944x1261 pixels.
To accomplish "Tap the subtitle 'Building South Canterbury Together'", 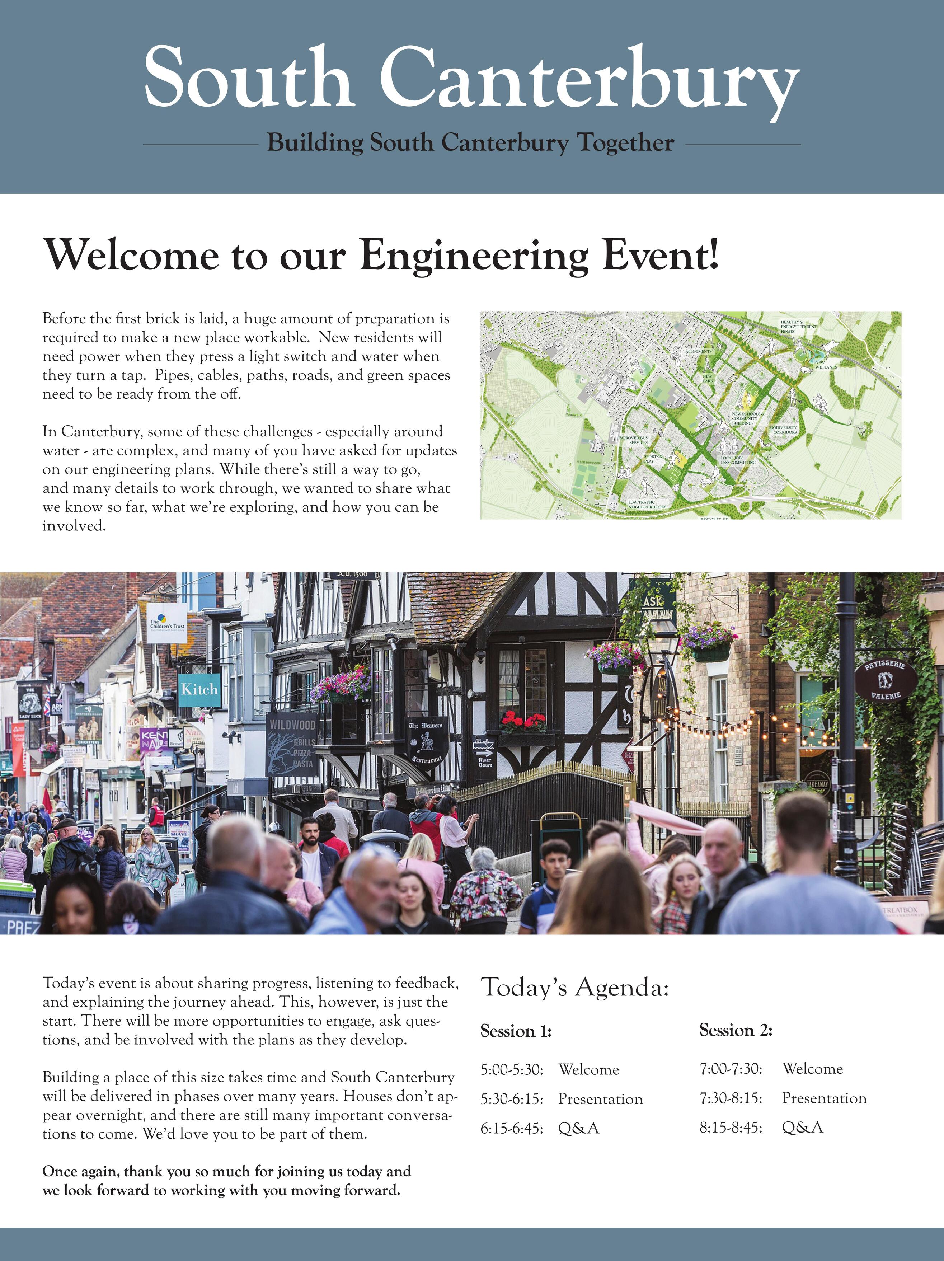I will pyautogui.click(x=471, y=142).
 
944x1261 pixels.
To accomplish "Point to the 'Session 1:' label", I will pyautogui.click(x=516, y=1031).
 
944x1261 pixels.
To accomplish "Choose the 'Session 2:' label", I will pyautogui.click(x=736, y=1030).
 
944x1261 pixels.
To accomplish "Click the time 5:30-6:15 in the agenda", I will pyautogui.click(x=511, y=1098).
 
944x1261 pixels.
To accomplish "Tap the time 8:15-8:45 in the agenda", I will pyautogui.click(x=731, y=1127).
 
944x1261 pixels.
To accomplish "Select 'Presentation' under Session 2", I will pyautogui.click(x=824, y=1098).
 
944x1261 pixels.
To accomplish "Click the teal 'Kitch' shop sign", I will pyautogui.click(x=199, y=689).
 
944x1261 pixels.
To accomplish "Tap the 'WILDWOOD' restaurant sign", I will pyautogui.click(x=292, y=741).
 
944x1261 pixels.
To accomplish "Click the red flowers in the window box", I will pyautogui.click(x=523, y=723).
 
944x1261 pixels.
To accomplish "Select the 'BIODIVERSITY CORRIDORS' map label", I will pyautogui.click(x=784, y=430).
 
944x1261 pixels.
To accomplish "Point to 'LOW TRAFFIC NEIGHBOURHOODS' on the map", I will pyautogui.click(x=647, y=505).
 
